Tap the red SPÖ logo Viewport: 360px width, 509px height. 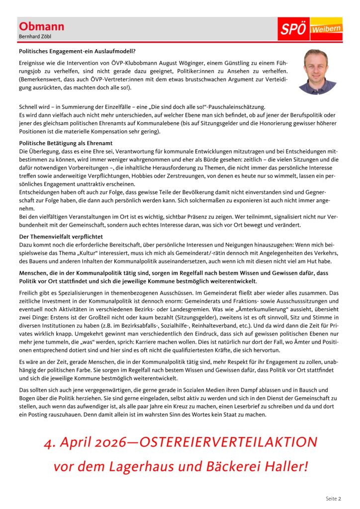tap(293, 29)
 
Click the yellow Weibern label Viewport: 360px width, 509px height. tap(326, 29)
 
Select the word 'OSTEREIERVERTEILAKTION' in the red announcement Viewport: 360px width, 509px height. tap(229, 442)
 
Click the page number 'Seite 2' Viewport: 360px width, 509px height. tap(333, 498)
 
